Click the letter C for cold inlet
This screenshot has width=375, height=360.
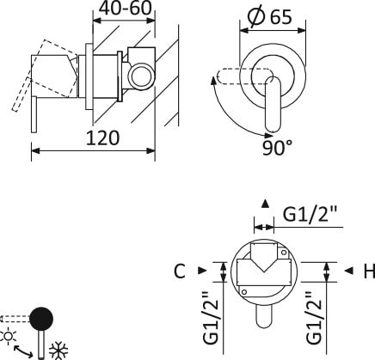[x=178, y=272]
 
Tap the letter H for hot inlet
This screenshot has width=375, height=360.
[x=368, y=272]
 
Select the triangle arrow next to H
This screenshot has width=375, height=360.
[x=349, y=272]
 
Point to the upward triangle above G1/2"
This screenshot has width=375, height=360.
[x=265, y=204]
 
